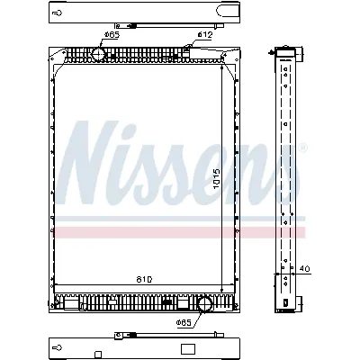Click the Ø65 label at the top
click(x=111, y=34)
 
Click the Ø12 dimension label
click(x=205, y=34)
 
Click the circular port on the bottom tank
click(x=205, y=304)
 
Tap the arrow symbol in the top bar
click(x=58, y=14)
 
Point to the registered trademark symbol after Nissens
click(x=302, y=146)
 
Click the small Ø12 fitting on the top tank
click(x=188, y=52)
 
